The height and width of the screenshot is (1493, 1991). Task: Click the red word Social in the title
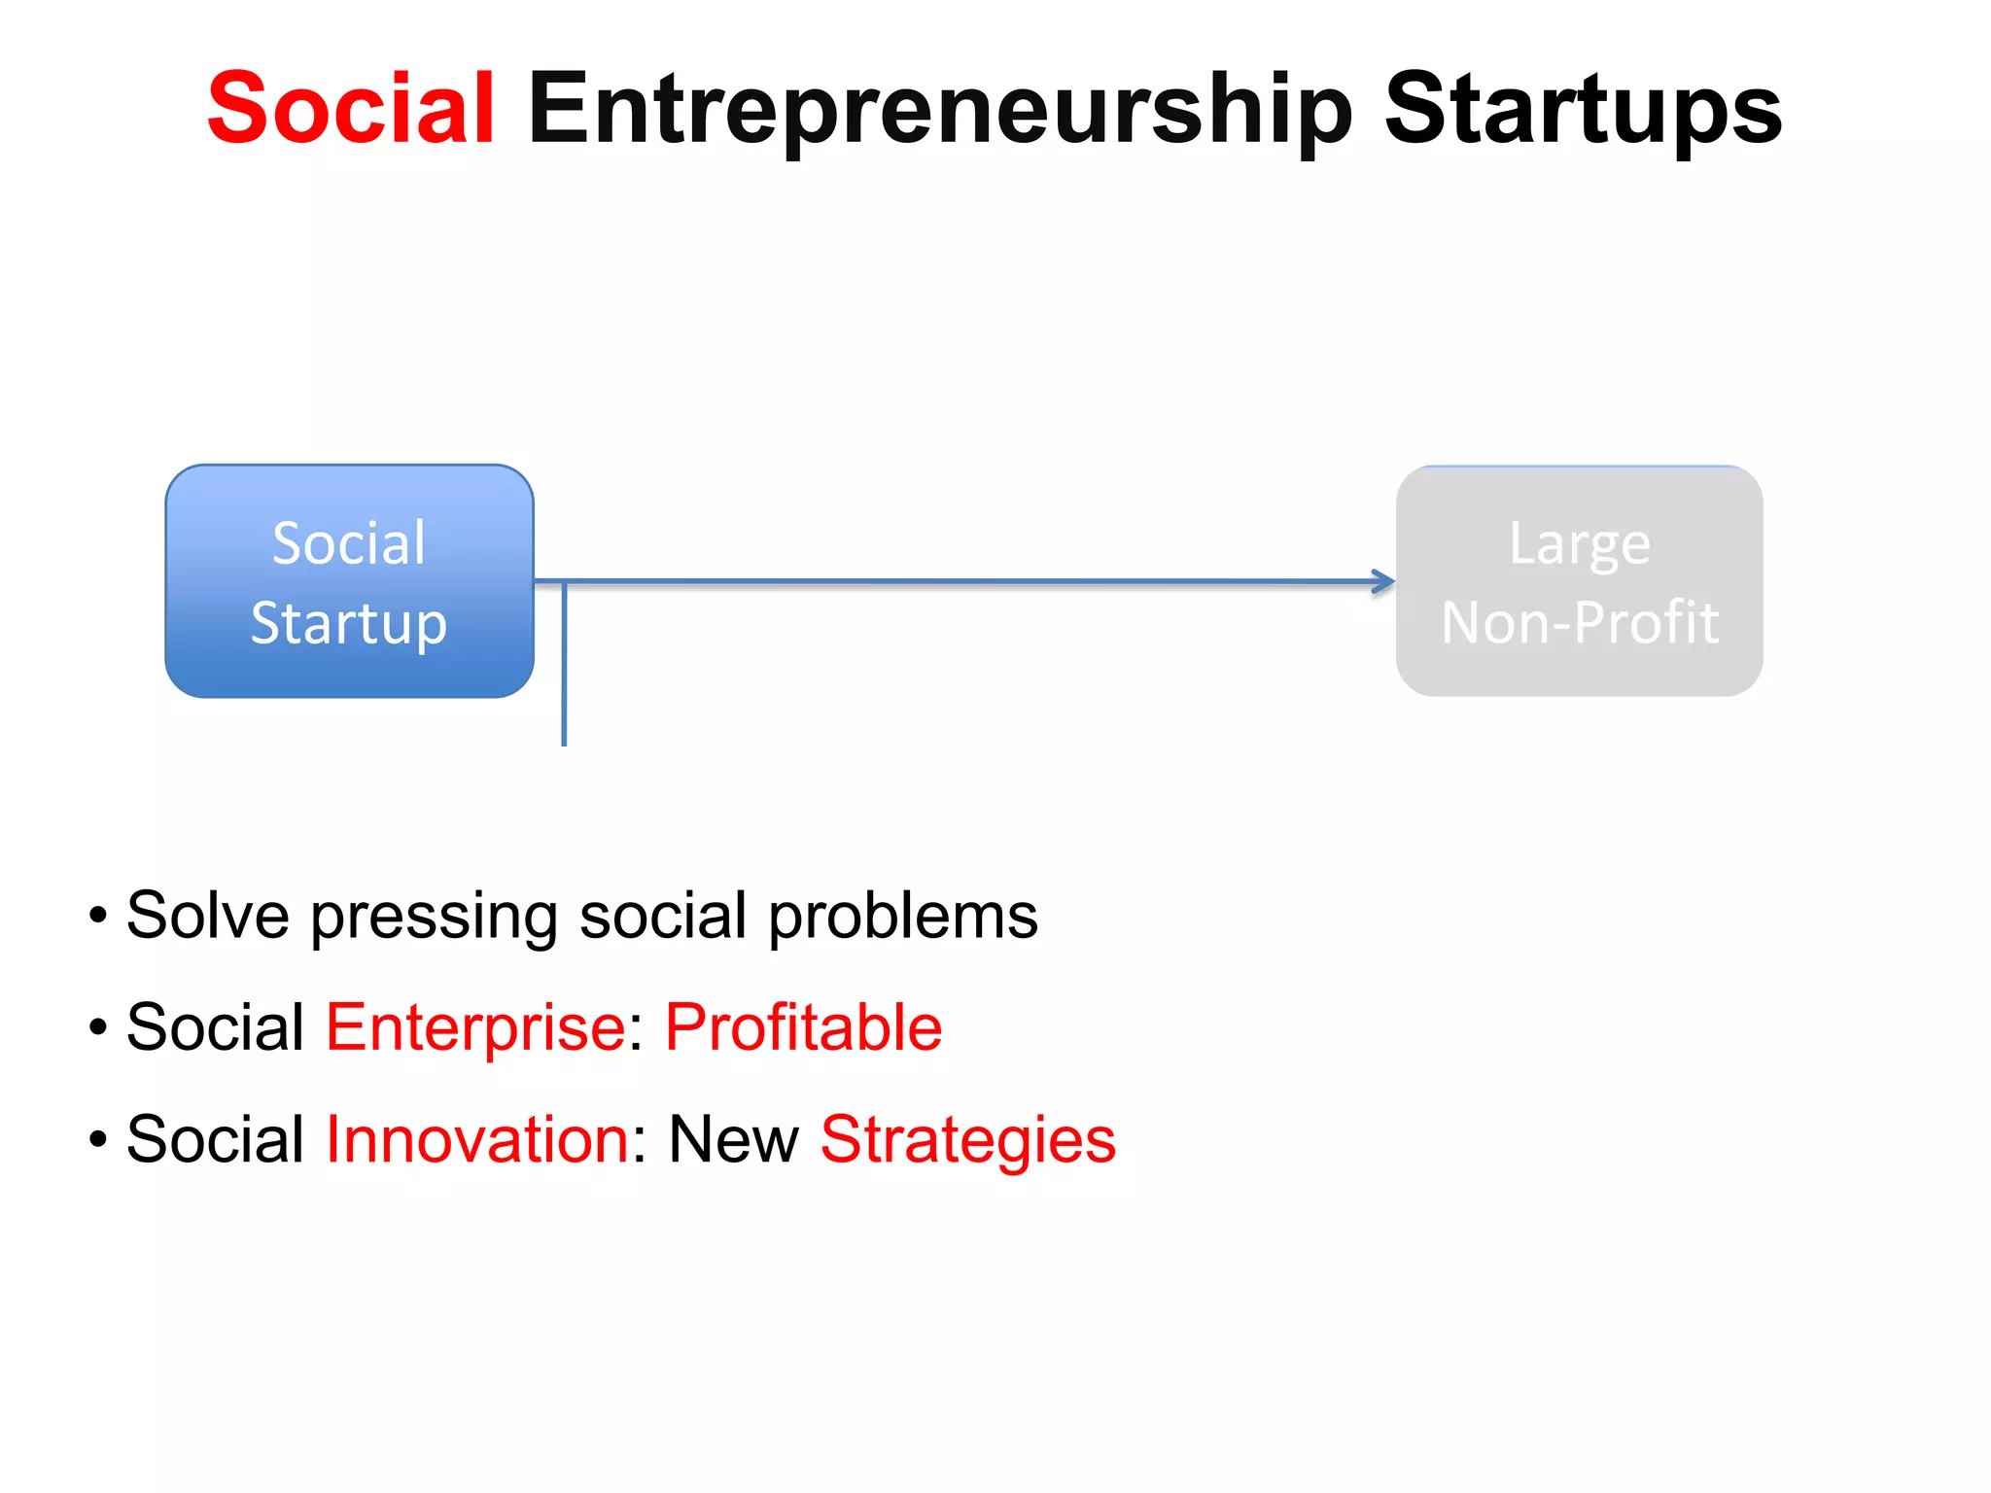pyautogui.click(x=351, y=109)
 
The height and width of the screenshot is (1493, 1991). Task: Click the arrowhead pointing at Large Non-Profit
pyautogui.click(x=1384, y=582)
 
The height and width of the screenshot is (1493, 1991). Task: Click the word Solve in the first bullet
pyautogui.click(x=208, y=916)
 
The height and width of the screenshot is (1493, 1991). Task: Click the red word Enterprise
pyautogui.click(x=475, y=1028)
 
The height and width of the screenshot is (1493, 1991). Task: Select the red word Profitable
pyautogui.click(x=803, y=1027)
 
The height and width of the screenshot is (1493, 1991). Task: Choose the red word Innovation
pyautogui.click(x=477, y=1139)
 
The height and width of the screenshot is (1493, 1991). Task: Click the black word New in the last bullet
pyautogui.click(x=733, y=1139)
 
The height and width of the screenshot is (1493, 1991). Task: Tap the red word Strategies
pyautogui.click(x=967, y=1141)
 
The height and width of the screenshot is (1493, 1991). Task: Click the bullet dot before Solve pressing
pyautogui.click(x=97, y=916)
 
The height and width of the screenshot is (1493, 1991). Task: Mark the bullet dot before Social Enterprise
pyautogui.click(x=97, y=1027)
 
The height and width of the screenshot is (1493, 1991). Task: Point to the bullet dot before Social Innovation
pyautogui.click(x=97, y=1139)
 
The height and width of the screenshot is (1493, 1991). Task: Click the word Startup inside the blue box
pyautogui.click(x=349, y=624)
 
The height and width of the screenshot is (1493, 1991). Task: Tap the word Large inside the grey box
pyautogui.click(x=1579, y=544)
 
